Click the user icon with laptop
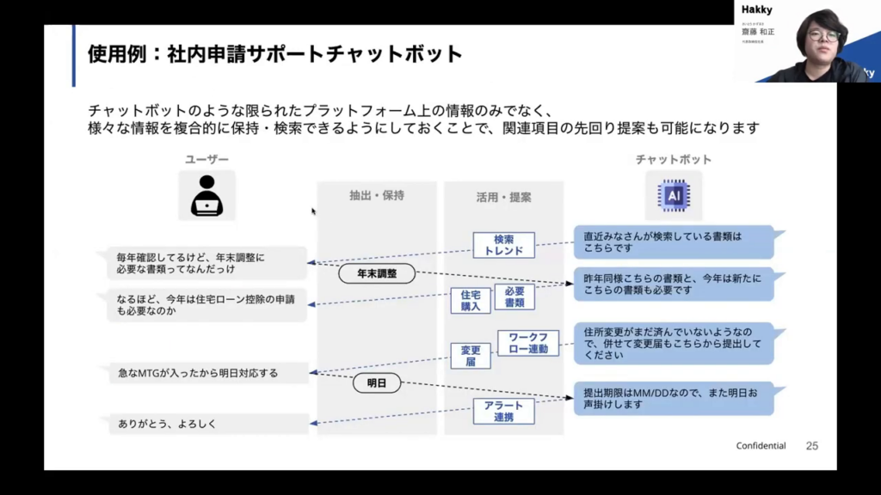pos(206,195)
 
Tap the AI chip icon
pos(674,195)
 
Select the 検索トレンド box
pos(503,245)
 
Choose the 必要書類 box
pos(514,297)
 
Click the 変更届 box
pos(471,356)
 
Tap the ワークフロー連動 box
pos(528,343)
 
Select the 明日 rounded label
pos(377,383)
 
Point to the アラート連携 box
pos(503,411)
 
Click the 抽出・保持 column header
pos(377,196)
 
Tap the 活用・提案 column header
pos(503,197)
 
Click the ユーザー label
pos(207,160)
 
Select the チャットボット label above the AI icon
pos(674,160)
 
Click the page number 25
pos(811,446)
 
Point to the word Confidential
pos(761,446)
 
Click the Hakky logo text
pos(757,9)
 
